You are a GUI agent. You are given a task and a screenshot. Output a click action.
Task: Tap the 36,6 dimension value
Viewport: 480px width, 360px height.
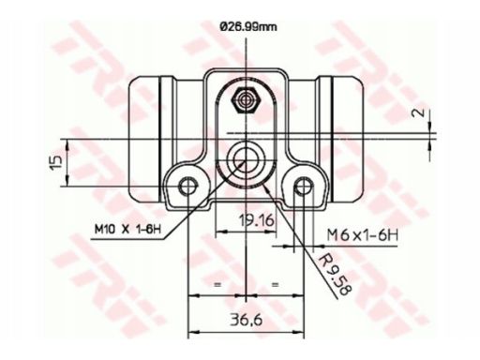pos(246,320)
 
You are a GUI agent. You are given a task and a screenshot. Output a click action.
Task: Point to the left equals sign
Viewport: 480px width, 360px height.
pos(217,282)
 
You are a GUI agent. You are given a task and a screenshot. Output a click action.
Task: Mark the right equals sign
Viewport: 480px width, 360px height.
pos(275,282)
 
